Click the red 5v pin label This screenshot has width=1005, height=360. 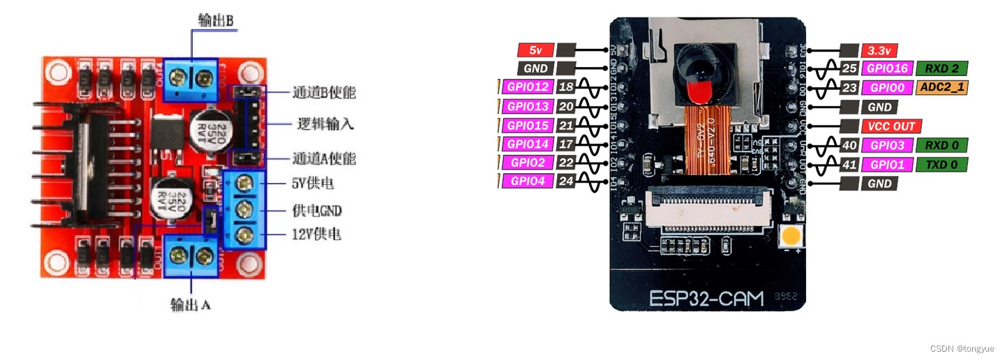(x=535, y=50)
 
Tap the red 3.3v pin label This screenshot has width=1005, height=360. (x=879, y=50)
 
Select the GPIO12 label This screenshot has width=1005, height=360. (x=527, y=87)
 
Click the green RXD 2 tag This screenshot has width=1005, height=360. (x=941, y=68)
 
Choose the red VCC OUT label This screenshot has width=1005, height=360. (x=891, y=126)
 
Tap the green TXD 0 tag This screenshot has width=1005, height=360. (x=941, y=165)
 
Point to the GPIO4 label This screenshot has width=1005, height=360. (x=527, y=181)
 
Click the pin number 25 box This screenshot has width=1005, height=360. (x=849, y=68)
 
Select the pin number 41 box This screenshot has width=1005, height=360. (x=849, y=165)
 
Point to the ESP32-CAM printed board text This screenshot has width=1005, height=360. (x=706, y=298)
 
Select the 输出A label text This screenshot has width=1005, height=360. (x=190, y=305)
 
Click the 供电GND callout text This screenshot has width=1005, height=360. (x=318, y=209)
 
